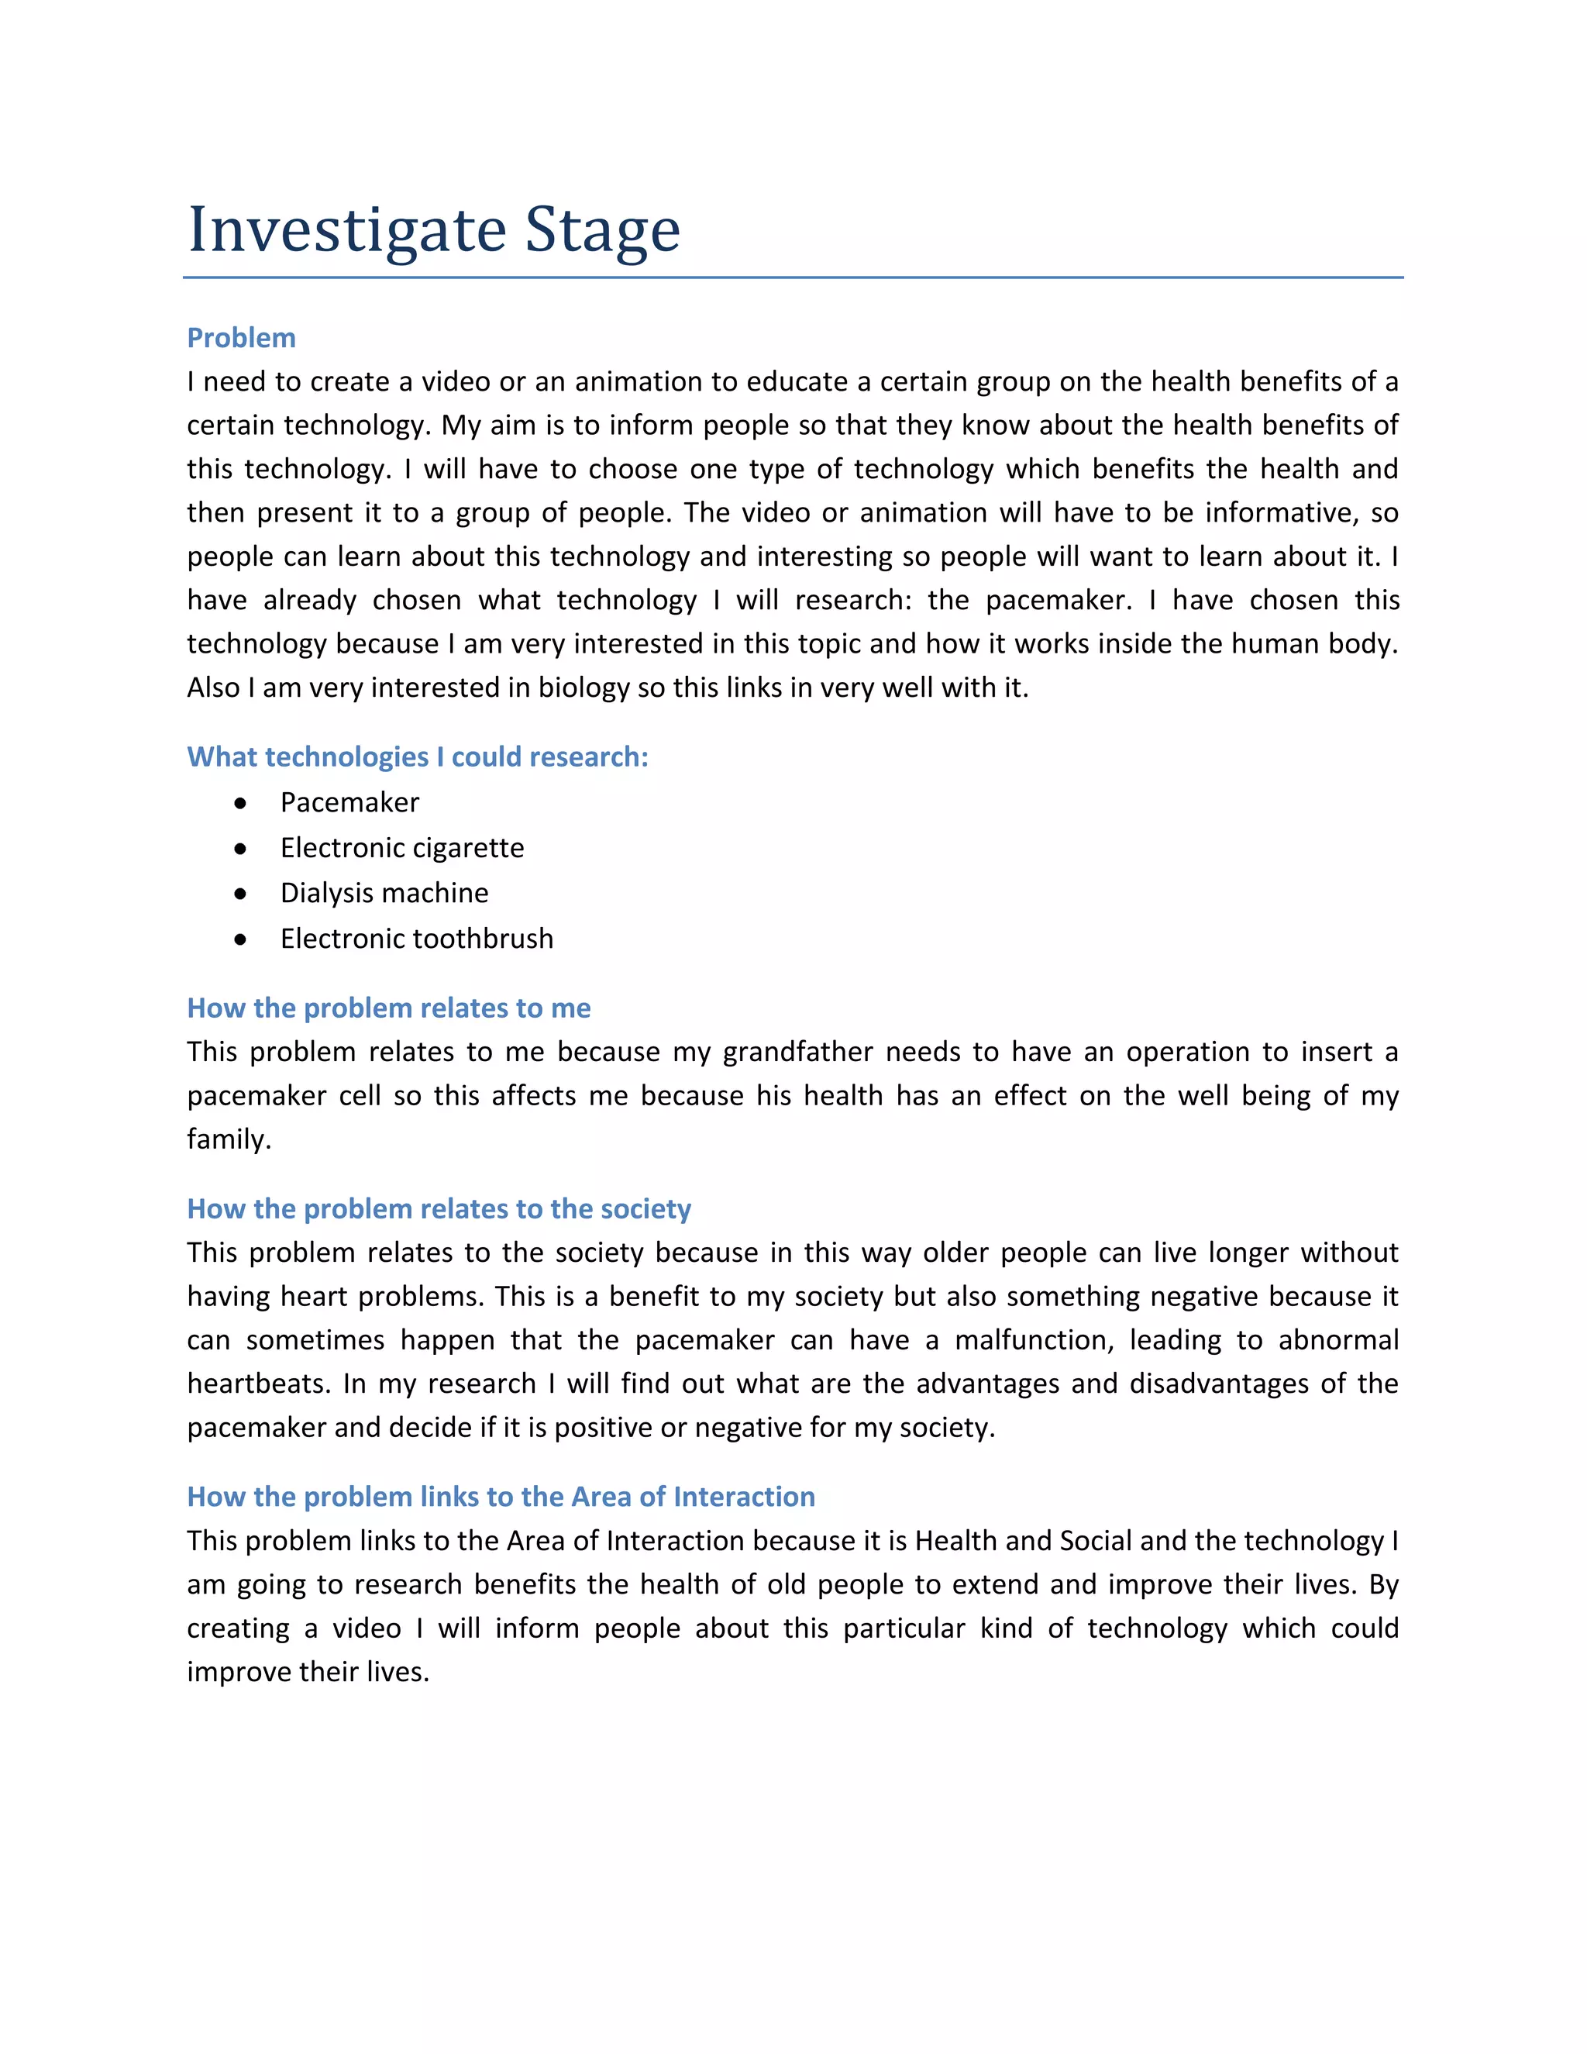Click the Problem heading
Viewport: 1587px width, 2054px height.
242,338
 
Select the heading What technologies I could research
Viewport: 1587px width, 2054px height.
418,756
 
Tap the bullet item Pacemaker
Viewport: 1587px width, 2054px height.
349,802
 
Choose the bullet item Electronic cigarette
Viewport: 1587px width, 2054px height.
401,847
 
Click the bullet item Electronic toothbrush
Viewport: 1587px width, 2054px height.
416,939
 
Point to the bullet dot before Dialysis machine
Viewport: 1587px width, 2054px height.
241,894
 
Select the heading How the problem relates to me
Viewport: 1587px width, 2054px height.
388,1008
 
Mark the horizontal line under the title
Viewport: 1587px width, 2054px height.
793,277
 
